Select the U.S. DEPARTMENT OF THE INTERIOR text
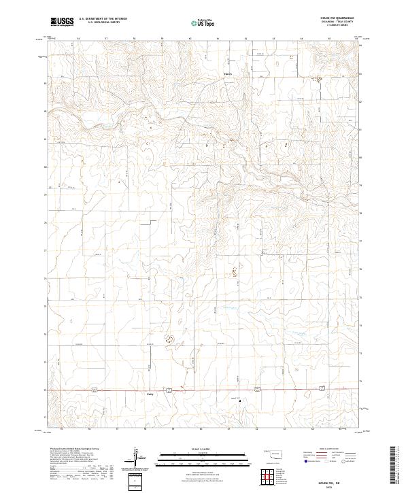pyautogui.click(x=103, y=19)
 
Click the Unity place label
pyautogui.click(x=150, y=394)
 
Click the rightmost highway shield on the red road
pyautogui.click(x=319, y=390)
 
